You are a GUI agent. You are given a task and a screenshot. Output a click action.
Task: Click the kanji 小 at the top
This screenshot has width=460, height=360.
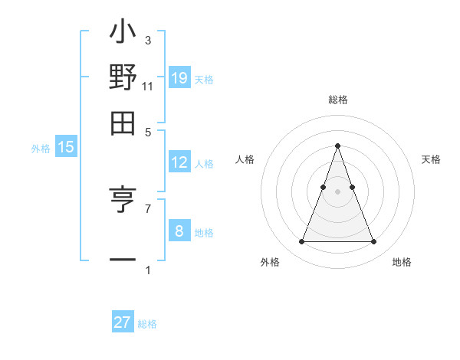[x=123, y=35]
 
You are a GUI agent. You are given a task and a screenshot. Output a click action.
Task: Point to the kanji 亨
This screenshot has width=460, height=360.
[x=123, y=201]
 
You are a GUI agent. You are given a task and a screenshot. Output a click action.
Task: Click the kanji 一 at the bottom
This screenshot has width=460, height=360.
[x=123, y=260]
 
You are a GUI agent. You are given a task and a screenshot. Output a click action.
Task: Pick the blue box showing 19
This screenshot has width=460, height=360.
[x=179, y=77]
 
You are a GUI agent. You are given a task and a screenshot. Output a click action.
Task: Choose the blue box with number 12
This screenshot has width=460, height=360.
[x=179, y=162]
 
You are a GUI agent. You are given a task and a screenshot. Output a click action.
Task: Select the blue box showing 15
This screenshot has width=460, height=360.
[x=66, y=148]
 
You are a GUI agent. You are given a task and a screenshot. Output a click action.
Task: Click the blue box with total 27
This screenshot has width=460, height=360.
[x=123, y=322]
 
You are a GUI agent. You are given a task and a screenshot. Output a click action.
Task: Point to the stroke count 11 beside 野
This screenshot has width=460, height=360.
[x=147, y=87]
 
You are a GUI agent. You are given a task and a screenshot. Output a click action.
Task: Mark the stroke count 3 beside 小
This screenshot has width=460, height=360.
[x=147, y=40]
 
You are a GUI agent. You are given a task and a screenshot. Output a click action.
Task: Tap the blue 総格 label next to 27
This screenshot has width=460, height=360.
[x=147, y=324]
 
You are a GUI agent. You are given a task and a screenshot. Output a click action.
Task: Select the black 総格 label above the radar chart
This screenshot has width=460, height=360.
[x=338, y=100]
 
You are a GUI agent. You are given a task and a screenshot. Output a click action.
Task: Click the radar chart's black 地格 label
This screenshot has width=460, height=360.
[x=402, y=262]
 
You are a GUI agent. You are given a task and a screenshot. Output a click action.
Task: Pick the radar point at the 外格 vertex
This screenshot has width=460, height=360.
[x=301, y=242]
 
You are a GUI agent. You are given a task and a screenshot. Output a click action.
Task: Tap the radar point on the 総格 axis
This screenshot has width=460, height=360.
[x=337, y=146]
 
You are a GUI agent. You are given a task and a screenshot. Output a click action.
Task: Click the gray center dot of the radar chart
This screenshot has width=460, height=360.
[x=337, y=191]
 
